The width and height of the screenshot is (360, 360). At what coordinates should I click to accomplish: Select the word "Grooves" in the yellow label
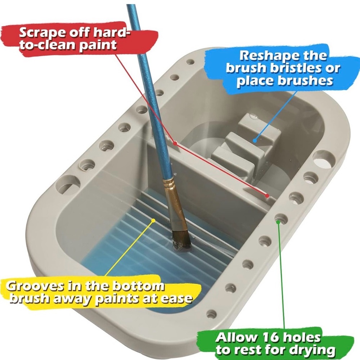(x=33, y=287)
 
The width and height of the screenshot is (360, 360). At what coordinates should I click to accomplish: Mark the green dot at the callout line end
(x=278, y=222)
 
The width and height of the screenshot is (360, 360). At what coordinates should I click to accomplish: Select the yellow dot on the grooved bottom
(x=153, y=220)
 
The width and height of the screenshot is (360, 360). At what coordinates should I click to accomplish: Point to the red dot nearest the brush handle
(x=175, y=143)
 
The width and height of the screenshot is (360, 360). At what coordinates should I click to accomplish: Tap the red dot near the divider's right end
(x=267, y=195)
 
